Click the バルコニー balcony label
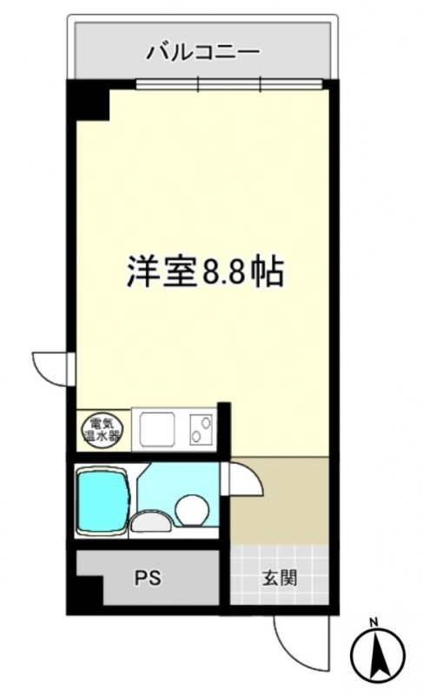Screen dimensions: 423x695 coord(203,52)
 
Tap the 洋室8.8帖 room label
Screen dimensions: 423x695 coord(205,271)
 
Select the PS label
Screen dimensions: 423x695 coord(148,578)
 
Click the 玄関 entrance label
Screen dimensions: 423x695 coord(280,578)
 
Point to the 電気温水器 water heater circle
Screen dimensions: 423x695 coord(102,429)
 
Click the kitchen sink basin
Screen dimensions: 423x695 coord(157,429)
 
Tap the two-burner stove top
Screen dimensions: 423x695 coord(202,429)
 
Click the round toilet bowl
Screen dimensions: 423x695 coord(191,510)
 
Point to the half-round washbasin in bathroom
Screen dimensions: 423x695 coord(150,522)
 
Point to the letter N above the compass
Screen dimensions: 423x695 coord(373,622)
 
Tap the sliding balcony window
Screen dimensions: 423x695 coord(229,83)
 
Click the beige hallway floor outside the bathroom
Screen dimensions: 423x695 coord(280,501)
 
